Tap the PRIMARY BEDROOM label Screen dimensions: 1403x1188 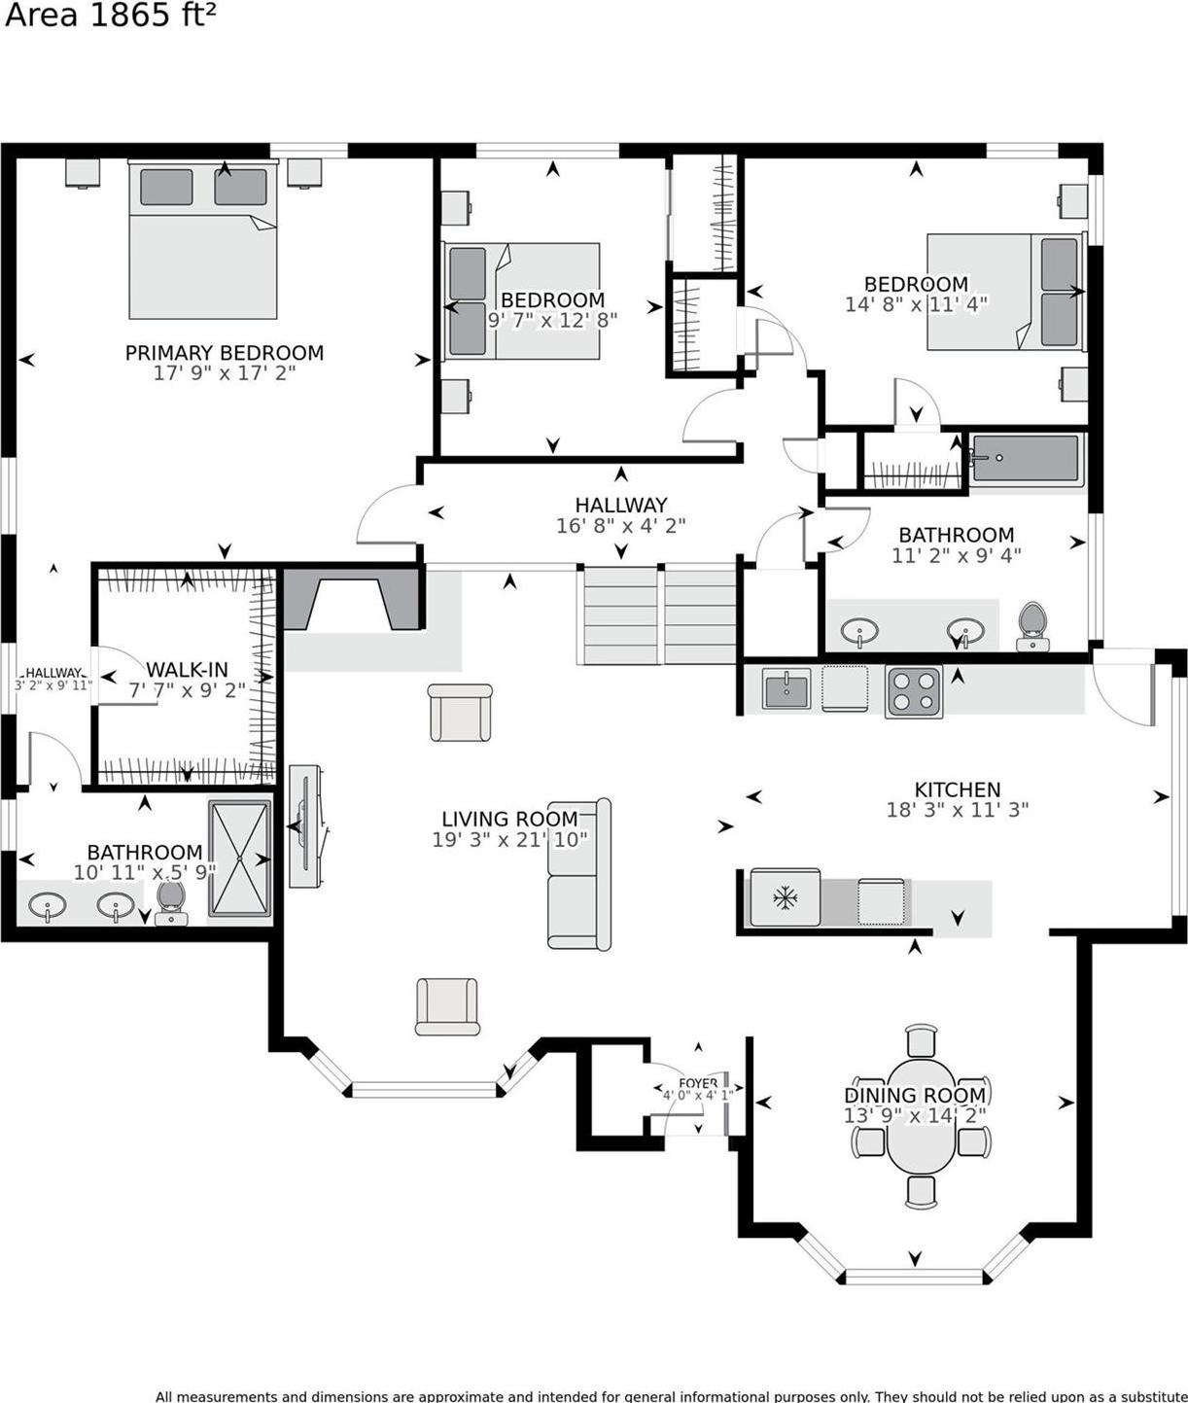coord(224,352)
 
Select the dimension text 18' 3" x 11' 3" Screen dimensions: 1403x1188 coord(957,809)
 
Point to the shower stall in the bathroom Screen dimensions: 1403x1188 coord(239,859)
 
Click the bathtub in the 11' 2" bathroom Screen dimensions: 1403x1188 coord(1027,460)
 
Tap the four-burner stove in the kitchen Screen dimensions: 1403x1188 coord(914,691)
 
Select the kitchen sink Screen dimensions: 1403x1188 coord(786,689)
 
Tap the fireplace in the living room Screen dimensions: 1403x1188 coord(352,600)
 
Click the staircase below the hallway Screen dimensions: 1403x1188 coord(658,615)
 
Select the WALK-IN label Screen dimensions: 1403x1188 coord(187,669)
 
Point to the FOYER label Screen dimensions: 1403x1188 coord(698,1083)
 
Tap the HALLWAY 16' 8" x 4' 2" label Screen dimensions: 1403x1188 coord(620,514)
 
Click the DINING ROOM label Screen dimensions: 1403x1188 coord(914,1095)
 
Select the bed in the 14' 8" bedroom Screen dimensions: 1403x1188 coord(1004,292)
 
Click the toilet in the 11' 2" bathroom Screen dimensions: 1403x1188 coord(1031,625)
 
